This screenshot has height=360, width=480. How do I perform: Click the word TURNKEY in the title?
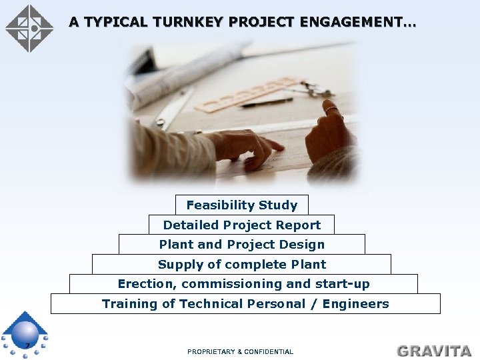[187, 22]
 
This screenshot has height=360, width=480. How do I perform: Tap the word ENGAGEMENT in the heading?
[357, 22]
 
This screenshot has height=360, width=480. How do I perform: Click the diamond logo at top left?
[29, 29]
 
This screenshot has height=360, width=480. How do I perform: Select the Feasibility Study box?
[242, 205]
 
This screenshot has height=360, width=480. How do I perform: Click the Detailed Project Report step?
[242, 225]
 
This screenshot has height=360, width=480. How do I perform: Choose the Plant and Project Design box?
[242, 244]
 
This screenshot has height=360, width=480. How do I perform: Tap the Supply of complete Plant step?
[242, 264]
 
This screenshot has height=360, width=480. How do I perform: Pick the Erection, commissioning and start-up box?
[243, 284]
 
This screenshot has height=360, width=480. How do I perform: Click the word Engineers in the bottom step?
[355, 304]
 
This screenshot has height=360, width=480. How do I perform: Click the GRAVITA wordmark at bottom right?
[434, 351]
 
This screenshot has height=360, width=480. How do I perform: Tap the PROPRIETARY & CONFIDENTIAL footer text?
[240, 351]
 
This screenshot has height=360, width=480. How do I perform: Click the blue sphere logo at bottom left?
[25, 333]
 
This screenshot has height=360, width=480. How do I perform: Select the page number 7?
[27, 345]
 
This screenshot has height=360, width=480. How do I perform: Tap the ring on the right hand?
[331, 109]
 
